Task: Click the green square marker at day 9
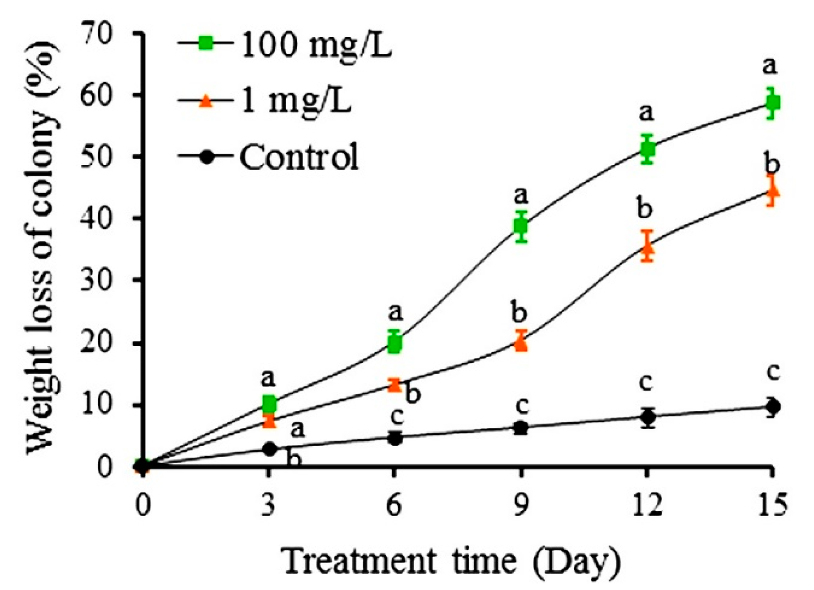pos(520,226)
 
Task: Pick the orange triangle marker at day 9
pos(520,343)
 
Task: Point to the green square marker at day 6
pos(394,344)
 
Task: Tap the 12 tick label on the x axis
pos(646,505)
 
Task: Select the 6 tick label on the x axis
pos(394,505)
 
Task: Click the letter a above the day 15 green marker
pos(770,67)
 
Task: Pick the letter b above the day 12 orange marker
pos(645,208)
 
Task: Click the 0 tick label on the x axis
pos(143,505)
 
